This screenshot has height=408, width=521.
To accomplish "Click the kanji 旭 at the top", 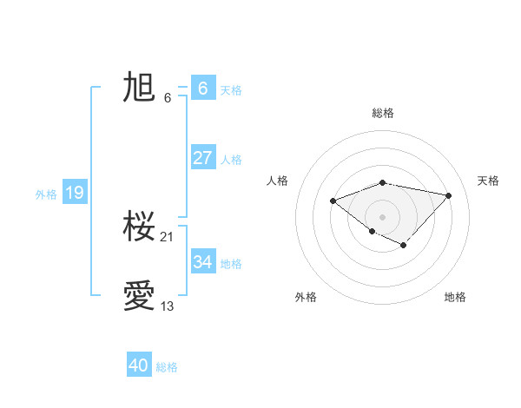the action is pos(139,88).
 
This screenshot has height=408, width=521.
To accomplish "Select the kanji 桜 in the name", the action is pos(139,227).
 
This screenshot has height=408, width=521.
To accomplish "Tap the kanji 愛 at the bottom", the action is pos(139,296).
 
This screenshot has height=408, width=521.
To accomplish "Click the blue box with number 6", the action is pos(202,88).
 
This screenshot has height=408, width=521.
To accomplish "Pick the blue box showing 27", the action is pos(202,158).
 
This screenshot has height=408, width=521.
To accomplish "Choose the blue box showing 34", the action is pos(202,261).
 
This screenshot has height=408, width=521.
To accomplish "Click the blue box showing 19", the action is pos(75,193).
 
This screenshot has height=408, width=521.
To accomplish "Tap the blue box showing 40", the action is pos(139,365).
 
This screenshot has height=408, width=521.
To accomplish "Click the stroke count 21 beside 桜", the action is pos(168,236).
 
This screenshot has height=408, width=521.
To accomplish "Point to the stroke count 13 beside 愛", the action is pos(168,306).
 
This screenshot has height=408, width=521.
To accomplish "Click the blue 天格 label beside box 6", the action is pos(231,90).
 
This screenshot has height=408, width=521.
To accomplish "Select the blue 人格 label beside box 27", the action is pos(231,160).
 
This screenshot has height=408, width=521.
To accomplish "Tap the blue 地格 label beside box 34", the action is pos(231,264).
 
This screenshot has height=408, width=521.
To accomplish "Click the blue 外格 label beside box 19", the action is pos(46,194).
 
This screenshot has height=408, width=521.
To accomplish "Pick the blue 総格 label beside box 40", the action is pos(167,367).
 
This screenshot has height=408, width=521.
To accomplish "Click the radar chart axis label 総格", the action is pos(382,113).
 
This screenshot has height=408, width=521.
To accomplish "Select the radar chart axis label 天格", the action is pos(489,181).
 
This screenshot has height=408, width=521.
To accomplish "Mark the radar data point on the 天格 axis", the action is pos(448,195).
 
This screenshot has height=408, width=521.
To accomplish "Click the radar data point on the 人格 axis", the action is pos(333,201).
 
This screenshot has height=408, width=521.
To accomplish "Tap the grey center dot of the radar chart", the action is pos(382,217).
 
